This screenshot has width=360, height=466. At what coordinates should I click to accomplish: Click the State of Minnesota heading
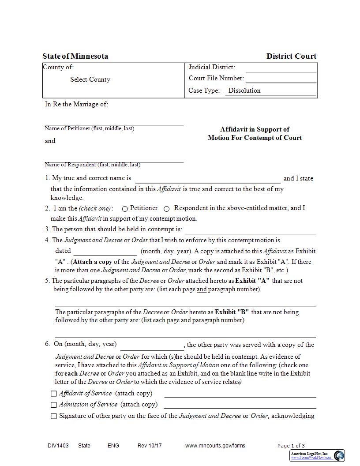[x=75, y=56]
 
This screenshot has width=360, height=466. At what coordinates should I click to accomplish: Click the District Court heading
[x=291, y=56]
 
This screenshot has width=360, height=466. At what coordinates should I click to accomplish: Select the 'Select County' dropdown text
[x=90, y=79]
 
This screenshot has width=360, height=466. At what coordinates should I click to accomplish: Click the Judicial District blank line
[x=281, y=68]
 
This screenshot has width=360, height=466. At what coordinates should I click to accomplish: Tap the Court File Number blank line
[x=281, y=79]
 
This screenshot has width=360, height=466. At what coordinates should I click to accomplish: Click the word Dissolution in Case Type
[x=244, y=90]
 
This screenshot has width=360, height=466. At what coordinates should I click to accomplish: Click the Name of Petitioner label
[x=89, y=128]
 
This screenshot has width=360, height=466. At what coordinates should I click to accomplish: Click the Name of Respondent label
[x=92, y=165]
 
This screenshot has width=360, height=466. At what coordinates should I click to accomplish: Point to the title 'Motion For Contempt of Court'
[x=255, y=138]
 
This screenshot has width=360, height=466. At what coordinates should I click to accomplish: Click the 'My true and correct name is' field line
[x=207, y=179]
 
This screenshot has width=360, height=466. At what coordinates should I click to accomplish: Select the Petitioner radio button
[x=125, y=209]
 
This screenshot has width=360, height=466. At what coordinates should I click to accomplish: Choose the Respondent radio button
[x=167, y=209]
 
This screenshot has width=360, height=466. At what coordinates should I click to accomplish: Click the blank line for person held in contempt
[x=250, y=230]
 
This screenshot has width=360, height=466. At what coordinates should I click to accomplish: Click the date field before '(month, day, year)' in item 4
[x=105, y=252]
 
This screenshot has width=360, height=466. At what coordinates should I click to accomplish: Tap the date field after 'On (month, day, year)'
[x=152, y=345]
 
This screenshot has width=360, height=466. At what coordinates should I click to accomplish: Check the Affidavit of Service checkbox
[x=54, y=394]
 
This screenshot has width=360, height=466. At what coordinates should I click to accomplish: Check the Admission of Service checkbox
[x=54, y=405]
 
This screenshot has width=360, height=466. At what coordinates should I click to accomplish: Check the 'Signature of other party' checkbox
[x=54, y=416]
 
